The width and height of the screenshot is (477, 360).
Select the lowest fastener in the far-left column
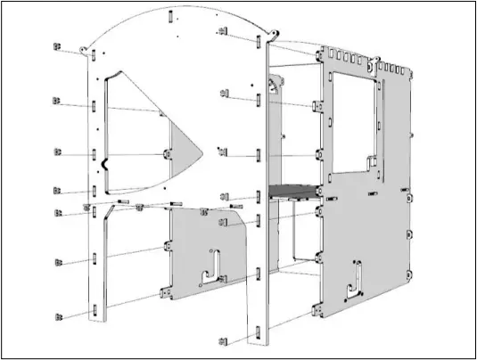[59, 315]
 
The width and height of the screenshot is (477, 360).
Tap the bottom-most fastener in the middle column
[224, 340]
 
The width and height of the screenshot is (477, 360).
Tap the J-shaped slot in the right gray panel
[355, 276]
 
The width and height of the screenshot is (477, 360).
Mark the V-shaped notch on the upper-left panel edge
[106, 164]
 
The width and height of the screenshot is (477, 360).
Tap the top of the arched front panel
[169, 11]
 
